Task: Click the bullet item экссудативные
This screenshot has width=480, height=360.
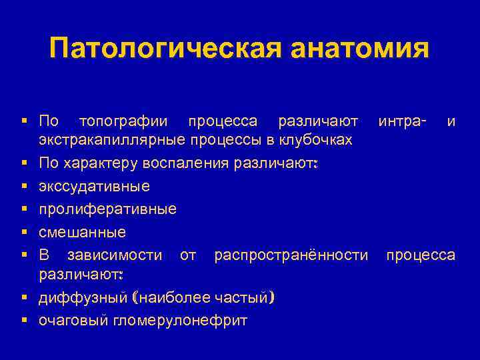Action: (94, 186)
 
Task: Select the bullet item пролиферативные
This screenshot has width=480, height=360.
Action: (107, 209)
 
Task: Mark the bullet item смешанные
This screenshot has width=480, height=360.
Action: (82, 232)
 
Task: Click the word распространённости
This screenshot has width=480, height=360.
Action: (291, 255)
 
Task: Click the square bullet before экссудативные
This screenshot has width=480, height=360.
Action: (23, 186)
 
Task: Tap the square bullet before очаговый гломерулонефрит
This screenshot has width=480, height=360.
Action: (23, 321)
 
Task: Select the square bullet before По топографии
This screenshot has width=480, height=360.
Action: (23, 122)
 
